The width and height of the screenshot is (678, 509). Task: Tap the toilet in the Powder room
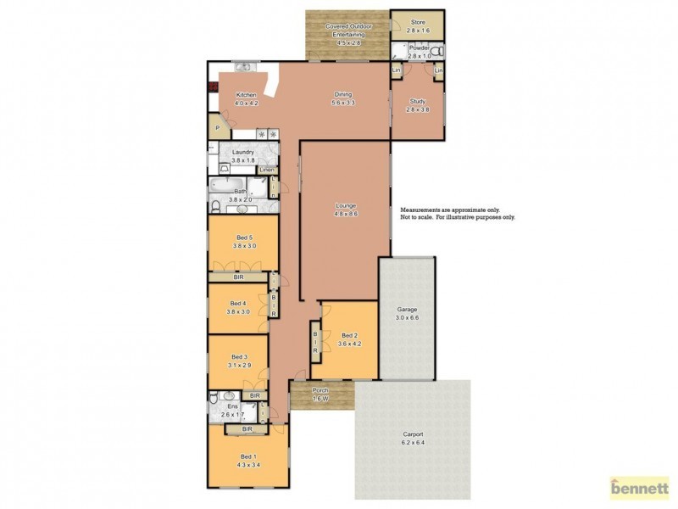pyautogui.click(x=436, y=53)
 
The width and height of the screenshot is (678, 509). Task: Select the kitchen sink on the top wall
pyautogui.click(x=242, y=66)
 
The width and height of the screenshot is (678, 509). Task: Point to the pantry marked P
pyautogui.click(x=218, y=128)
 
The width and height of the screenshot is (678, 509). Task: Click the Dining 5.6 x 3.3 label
pyautogui.click(x=342, y=98)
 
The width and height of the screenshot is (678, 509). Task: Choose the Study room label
pyautogui.click(x=418, y=105)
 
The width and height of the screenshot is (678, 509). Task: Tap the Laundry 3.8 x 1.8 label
pyautogui.click(x=243, y=155)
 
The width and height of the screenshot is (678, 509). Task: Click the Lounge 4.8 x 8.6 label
pyautogui.click(x=345, y=210)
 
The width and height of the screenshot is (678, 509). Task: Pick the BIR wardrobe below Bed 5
pyautogui.click(x=240, y=277)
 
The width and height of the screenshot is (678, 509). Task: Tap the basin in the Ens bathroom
pyautogui.click(x=228, y=397)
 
